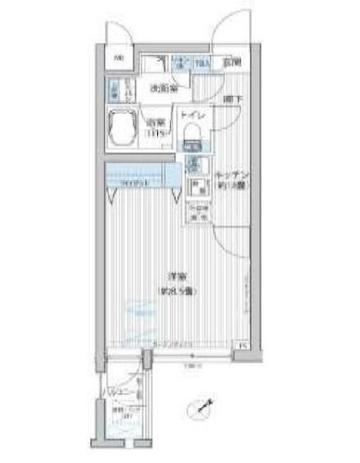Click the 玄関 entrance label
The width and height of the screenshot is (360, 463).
coord(233,61)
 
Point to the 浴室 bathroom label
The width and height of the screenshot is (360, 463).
coord(156,122)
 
